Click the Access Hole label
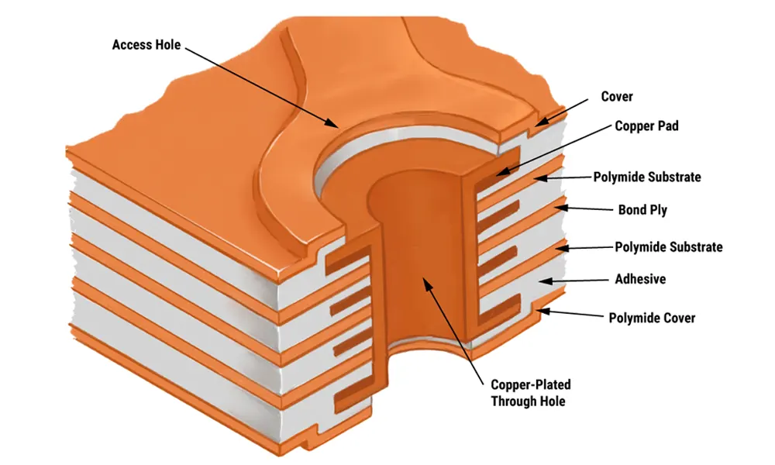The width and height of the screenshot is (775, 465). coord(146,44)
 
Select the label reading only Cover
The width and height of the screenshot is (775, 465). coord(617,97)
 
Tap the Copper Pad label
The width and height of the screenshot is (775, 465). coord(646,126)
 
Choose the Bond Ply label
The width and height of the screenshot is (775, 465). coord(642,209)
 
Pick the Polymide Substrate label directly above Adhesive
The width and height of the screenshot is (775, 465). coord(668,247)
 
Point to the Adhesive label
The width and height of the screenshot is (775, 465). coord(639,279)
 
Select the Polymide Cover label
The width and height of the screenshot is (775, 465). coord(652,318)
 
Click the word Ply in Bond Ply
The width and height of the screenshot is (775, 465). coord(656,210)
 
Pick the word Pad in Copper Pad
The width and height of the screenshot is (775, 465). coord(668,126)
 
